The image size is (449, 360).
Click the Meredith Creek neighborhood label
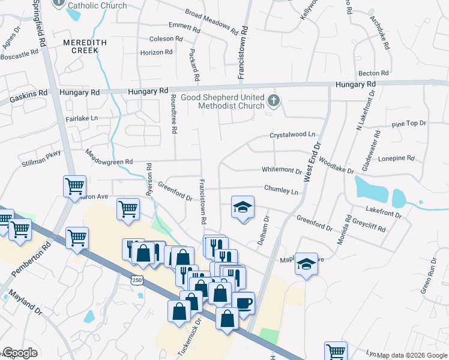pos(85,47)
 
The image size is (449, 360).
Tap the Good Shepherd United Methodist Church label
pos(232,101)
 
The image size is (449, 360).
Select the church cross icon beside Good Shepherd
pos(274,100)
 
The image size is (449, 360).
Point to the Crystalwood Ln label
pos(292,135)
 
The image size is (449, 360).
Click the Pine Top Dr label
pos(408,124)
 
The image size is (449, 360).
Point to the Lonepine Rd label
pos(397,158)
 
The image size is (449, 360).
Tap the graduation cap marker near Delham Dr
pos(243,208)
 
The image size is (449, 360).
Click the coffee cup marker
pos(244,303)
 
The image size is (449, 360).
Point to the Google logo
pos(20,353)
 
